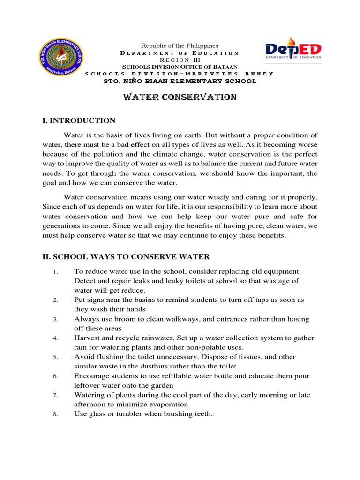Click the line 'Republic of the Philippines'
[x=180, y=45]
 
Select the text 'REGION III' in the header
[x=180, y=60]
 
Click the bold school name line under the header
[x=180, y=81]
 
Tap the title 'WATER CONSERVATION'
[x=180, y=97]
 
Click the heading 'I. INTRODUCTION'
[x=79, y=121]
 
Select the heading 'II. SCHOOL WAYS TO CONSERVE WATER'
[x=126, y=256]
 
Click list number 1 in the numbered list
[x=55, y=272]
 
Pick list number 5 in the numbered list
[x=55, y=357]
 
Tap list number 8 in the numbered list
[x=55, y=414]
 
